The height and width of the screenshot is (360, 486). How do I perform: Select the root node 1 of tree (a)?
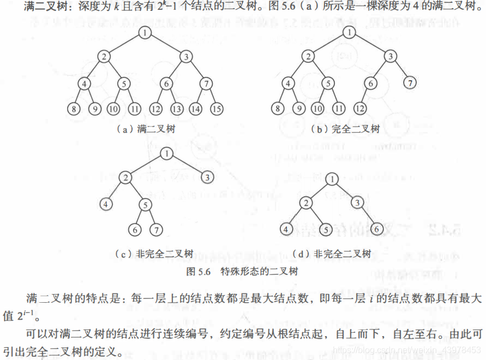(144, 34)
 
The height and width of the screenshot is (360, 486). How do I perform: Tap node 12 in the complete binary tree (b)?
(359, 108)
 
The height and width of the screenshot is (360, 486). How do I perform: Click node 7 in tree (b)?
(410, 83)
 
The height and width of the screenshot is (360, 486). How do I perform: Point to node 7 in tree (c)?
(157, 230)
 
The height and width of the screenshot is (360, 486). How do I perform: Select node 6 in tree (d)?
(376, 229)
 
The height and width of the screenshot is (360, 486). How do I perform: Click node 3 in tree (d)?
(357, 203)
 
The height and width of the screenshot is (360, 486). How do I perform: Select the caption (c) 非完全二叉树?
(154, 254)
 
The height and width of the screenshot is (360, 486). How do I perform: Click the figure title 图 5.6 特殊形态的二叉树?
(242, 271)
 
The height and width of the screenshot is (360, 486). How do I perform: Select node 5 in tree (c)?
(145, 205)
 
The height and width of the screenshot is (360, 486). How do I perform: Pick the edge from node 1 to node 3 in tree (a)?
(165, 45)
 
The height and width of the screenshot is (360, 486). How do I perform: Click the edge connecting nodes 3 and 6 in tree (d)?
(367, 216)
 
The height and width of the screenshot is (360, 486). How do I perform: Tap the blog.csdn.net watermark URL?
(409, 349)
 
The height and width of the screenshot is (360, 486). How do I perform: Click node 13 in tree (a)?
(176, 108)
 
